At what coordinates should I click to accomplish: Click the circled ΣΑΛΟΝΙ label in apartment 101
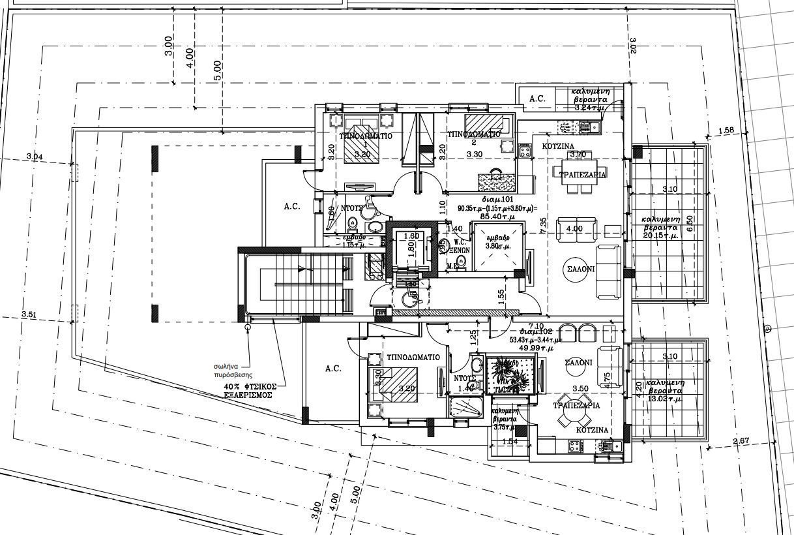pos(575,269)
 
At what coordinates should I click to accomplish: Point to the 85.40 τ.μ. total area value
pos(497,216)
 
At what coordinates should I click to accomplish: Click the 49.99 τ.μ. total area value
pos(533,348)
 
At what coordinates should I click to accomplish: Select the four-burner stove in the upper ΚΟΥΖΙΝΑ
pos(525,152)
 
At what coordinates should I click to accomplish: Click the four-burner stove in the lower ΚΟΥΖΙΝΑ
pos(575,446)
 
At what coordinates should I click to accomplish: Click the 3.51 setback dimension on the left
pos(29,314)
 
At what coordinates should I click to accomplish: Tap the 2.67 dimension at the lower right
pos(741,442)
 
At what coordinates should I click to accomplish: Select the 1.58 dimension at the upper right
pos(726,130)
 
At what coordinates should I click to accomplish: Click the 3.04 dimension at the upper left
pos(35,156)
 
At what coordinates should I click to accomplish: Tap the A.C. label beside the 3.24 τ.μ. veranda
pos(537,99)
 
